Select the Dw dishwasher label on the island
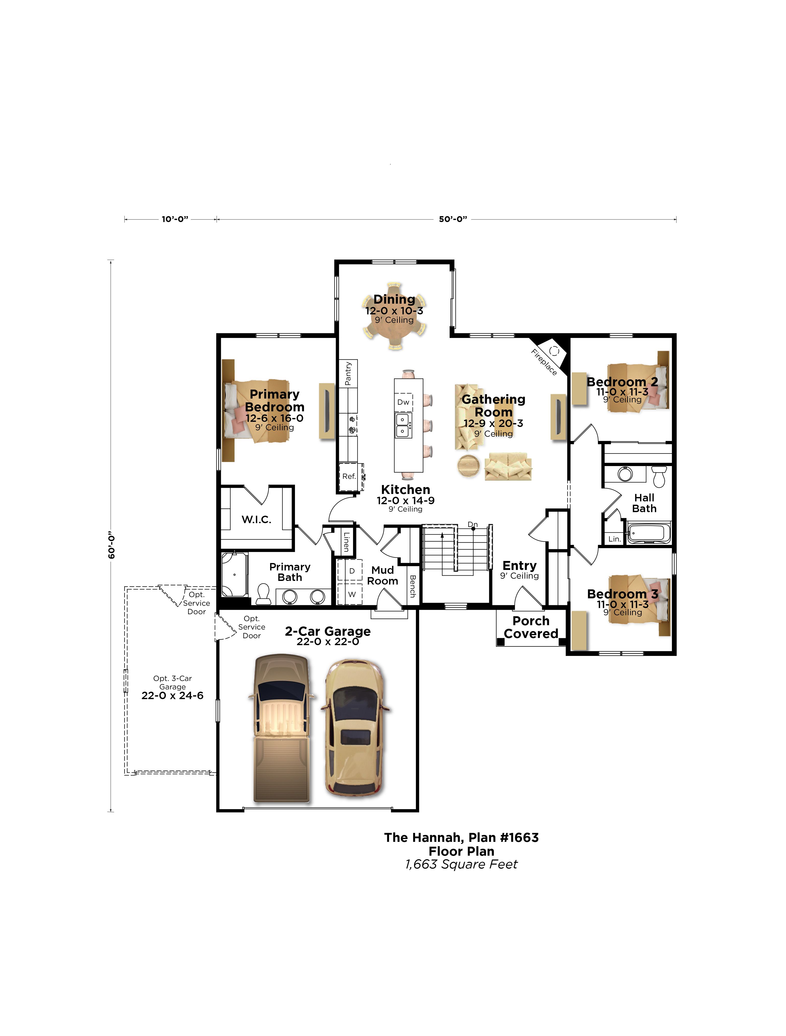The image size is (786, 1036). tap(403, 402)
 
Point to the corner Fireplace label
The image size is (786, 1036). tap(544, 362)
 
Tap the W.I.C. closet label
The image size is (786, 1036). tap(257, 519)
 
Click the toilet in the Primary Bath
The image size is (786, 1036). tap(264, 594)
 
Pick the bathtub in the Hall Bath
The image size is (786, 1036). tap(649, 533)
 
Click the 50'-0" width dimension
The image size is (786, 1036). tap(453, 219)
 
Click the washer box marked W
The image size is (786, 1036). tap(351, 594)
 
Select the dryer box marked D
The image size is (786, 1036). tap(351, 571)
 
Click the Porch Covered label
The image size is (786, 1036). tap(531, 627)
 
